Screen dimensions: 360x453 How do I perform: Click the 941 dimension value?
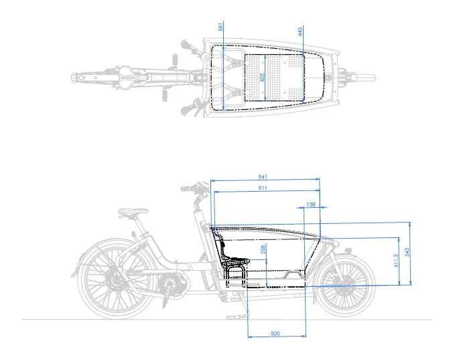click(263, 177)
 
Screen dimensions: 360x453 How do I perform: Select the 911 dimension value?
click(263, 189)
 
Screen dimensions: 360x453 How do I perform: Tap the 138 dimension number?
click(310, 204)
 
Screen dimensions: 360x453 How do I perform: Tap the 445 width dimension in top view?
click(300, 31)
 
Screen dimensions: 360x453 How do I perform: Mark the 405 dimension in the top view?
click(263, 77)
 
